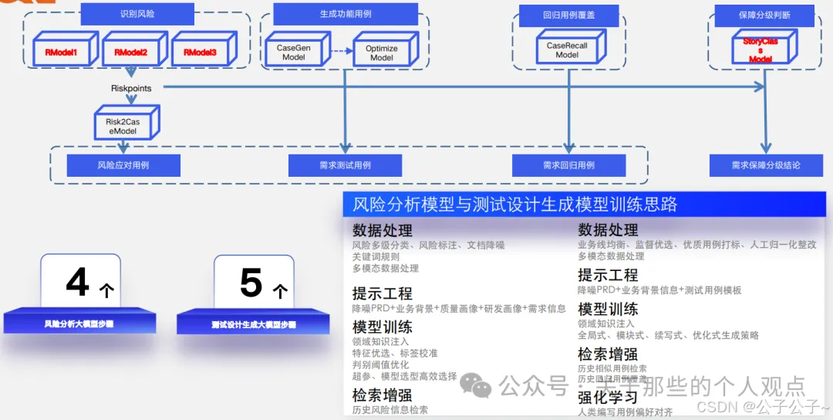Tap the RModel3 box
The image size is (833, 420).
pos(199,52)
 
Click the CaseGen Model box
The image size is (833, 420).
pos(293,52)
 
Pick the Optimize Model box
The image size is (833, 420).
pos(381,52)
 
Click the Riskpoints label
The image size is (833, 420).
pos(130,89)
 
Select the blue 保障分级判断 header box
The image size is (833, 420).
pos(763,15)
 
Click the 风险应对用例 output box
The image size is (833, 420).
pos(123,165)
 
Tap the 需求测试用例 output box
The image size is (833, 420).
pos(345,165)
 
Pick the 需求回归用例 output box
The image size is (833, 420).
pos(568,165)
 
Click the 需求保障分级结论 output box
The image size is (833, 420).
pos(765,165)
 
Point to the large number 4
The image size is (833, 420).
pos(77,282)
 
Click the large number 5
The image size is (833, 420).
pos(251,283)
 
